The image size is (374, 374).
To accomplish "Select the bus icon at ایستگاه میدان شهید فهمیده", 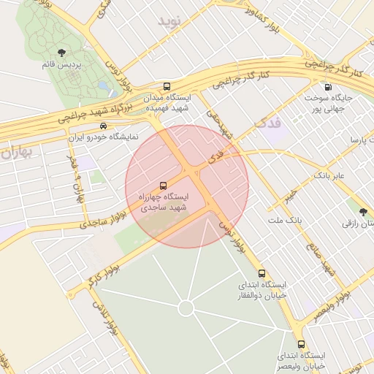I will (167, 85).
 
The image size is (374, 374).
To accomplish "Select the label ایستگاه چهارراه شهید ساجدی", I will (162, 202).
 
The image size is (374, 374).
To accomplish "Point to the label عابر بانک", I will (329, 176).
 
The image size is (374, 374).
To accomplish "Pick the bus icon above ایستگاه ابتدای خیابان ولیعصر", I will (301, 344).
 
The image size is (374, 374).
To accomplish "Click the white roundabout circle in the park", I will (186, 308).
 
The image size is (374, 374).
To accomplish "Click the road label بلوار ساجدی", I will (91, 221).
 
